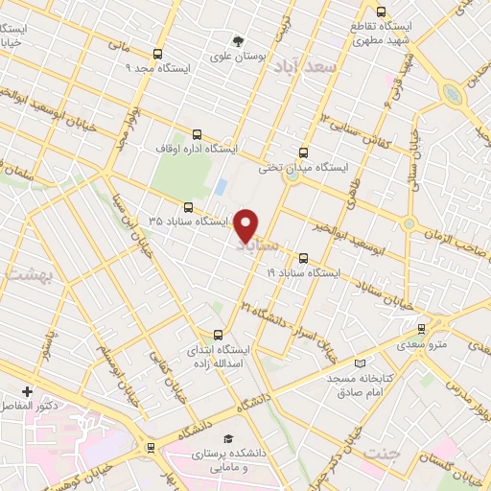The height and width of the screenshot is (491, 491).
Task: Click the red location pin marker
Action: tap(246, 225)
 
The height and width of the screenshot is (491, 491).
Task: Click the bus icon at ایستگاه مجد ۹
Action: tap(158, 54)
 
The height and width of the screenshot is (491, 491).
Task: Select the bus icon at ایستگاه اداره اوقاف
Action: tap(198, 135)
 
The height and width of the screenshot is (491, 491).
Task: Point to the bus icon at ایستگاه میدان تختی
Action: tap(304, 152)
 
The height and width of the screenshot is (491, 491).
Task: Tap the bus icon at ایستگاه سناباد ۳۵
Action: tap(188, 206)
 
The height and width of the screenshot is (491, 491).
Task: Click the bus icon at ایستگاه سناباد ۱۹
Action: tap(304, 258)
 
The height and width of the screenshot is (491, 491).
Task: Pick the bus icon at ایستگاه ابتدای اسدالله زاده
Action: tap(219, 335)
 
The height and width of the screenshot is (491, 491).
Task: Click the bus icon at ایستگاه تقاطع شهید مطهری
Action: tap(381, 12)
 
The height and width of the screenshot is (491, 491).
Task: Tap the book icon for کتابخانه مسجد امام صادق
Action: tap(360, 364)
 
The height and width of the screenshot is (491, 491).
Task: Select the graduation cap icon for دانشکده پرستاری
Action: tap(227, 438)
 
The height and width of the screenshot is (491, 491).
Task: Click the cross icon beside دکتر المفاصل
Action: tap(27, 391)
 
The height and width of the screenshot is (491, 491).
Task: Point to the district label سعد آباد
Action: tap(300, 65)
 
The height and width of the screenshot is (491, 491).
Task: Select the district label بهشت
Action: tap(21, 274)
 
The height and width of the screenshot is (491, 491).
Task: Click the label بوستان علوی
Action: tap(239, 57)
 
